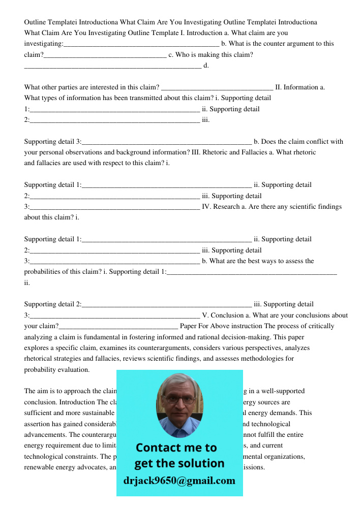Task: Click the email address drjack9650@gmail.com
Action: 179,481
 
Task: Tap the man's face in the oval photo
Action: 178,404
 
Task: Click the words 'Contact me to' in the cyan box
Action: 176,448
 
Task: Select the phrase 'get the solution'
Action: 179,463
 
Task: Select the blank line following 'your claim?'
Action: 118,326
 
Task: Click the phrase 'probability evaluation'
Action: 57,370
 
